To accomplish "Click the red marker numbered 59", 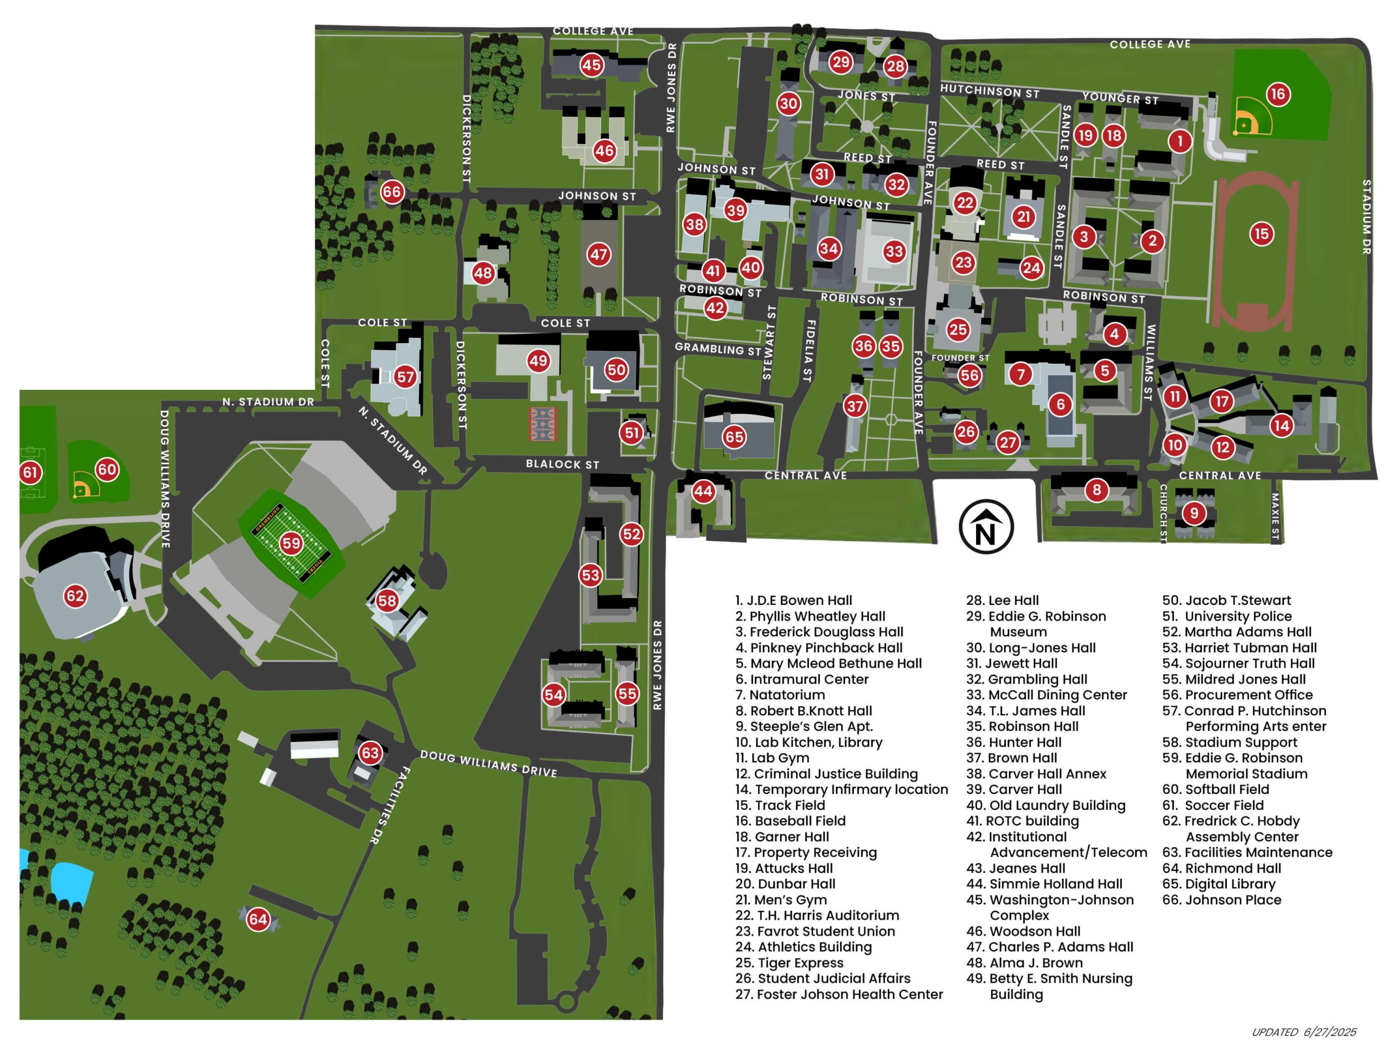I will [x=291, y=543].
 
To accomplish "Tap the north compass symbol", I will [x=985, y=527].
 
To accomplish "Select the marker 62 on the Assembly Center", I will [x=75, y=596].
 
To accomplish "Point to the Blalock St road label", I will [x=562, y=465].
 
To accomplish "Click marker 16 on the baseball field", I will [x=1278, y=95].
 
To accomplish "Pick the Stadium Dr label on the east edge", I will [x=1366, y=216].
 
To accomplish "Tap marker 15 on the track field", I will [x=1261, y=234].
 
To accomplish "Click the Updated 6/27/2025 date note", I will [x=1304, y=1032].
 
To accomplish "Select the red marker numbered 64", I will [x=258, y=919].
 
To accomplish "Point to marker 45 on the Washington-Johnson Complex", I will [x=591, y=64].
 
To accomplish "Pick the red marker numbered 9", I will [x=1194, y=513].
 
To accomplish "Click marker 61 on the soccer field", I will [x=30, y=472].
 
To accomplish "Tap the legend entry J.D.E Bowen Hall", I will [x=793, y=600].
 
